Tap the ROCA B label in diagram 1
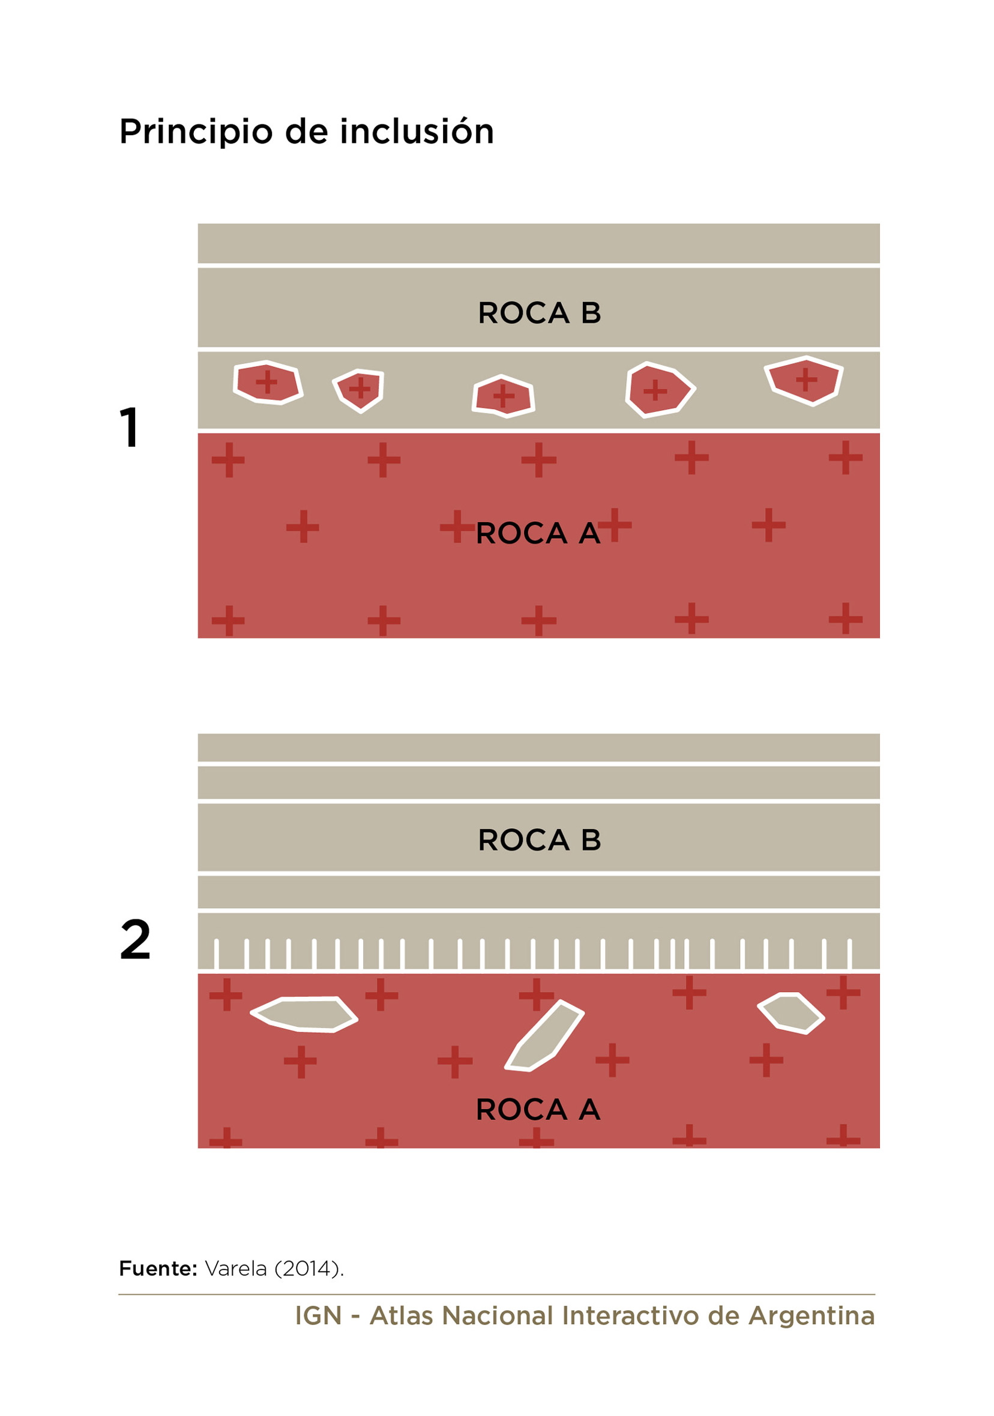tap(539, 313)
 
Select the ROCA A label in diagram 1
tap(538, 533)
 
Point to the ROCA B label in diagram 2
tap(539, 840)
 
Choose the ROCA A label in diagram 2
tap(538, 1110)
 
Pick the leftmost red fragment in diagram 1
tap(268, 383)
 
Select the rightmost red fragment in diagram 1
tap(804, 380)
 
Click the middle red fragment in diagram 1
tap(503, 396)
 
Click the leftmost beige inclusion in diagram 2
tap(304, 1014)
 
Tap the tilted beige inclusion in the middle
tap(544, 1036)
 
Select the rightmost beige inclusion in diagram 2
tap(791, 1013)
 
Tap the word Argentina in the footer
tap(812, 1316)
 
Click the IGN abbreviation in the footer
tap(318, 1316)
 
